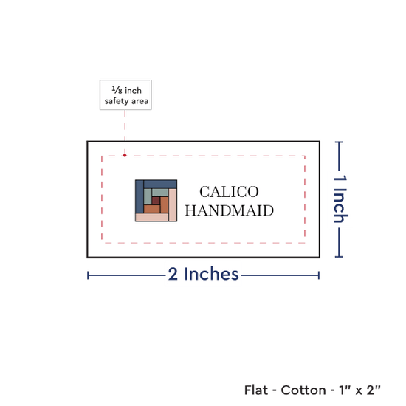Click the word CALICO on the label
click(229, 192)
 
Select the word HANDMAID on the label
click(229, 210)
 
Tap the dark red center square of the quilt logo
click(156, 200)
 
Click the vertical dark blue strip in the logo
click(140, 196)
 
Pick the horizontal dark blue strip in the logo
click(160, 185)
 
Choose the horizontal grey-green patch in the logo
click(160, 193)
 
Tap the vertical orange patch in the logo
click(164, 204)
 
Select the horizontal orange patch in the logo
click(152, 209)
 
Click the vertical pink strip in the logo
click(173, 205)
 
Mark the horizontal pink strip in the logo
click(152, 218)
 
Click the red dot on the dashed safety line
click(125, 155)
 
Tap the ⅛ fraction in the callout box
click(117, 90)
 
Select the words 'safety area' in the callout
click(126, 101)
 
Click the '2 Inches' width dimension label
click(203, 274)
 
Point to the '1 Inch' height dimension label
click(340, 199)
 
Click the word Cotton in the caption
click(303, 390)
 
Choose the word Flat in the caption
click(256, 390)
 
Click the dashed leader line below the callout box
click(125, 132)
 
